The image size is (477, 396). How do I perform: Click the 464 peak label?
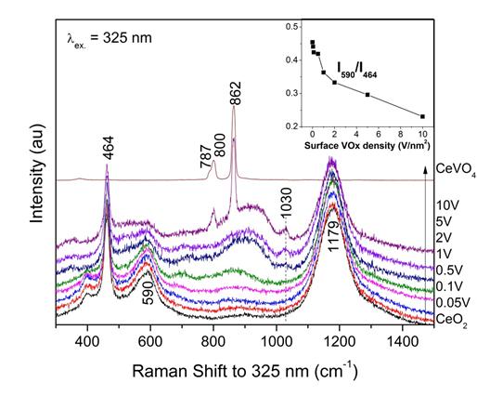pyautogui.click(x=110, y=148)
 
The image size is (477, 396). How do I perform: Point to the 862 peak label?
pyautogui.click(x=236, y=94)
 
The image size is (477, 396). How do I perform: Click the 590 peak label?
pyautogui.click(x=149, y=293)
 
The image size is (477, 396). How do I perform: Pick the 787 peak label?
pyautogui.click(x=206, y=157)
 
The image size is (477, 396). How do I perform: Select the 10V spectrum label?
pyautogui.click(x=447, y=205)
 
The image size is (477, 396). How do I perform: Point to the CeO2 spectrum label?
pyautogui.click(x=451, y=320)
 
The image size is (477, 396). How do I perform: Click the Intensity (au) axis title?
pyautogui.click(x=37, y=173)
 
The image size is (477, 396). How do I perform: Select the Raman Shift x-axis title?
pyautogui.click(x=245, y=371)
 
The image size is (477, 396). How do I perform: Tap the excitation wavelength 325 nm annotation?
pyautogui.click(x=110, y=38)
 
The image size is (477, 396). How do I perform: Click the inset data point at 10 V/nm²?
pyautogui.click(x=422, y=116)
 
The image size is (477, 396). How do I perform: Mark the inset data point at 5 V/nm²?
pyautogui.click(x=367, y=95)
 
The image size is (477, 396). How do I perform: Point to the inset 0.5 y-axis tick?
pyautogui.click(x=290, y=27)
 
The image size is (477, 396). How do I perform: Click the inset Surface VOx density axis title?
pyautogui.click(x=367, y=145)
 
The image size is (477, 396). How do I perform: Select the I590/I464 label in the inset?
pyautogui.click(x=356, y=70)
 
